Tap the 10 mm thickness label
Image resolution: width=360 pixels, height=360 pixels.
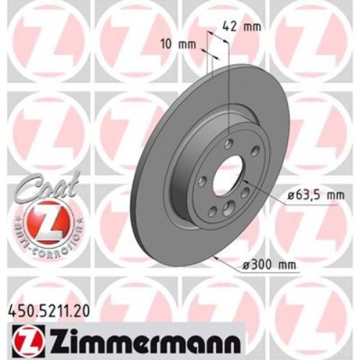(177, 45)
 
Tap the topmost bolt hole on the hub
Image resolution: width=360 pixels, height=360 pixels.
(229, 143)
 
